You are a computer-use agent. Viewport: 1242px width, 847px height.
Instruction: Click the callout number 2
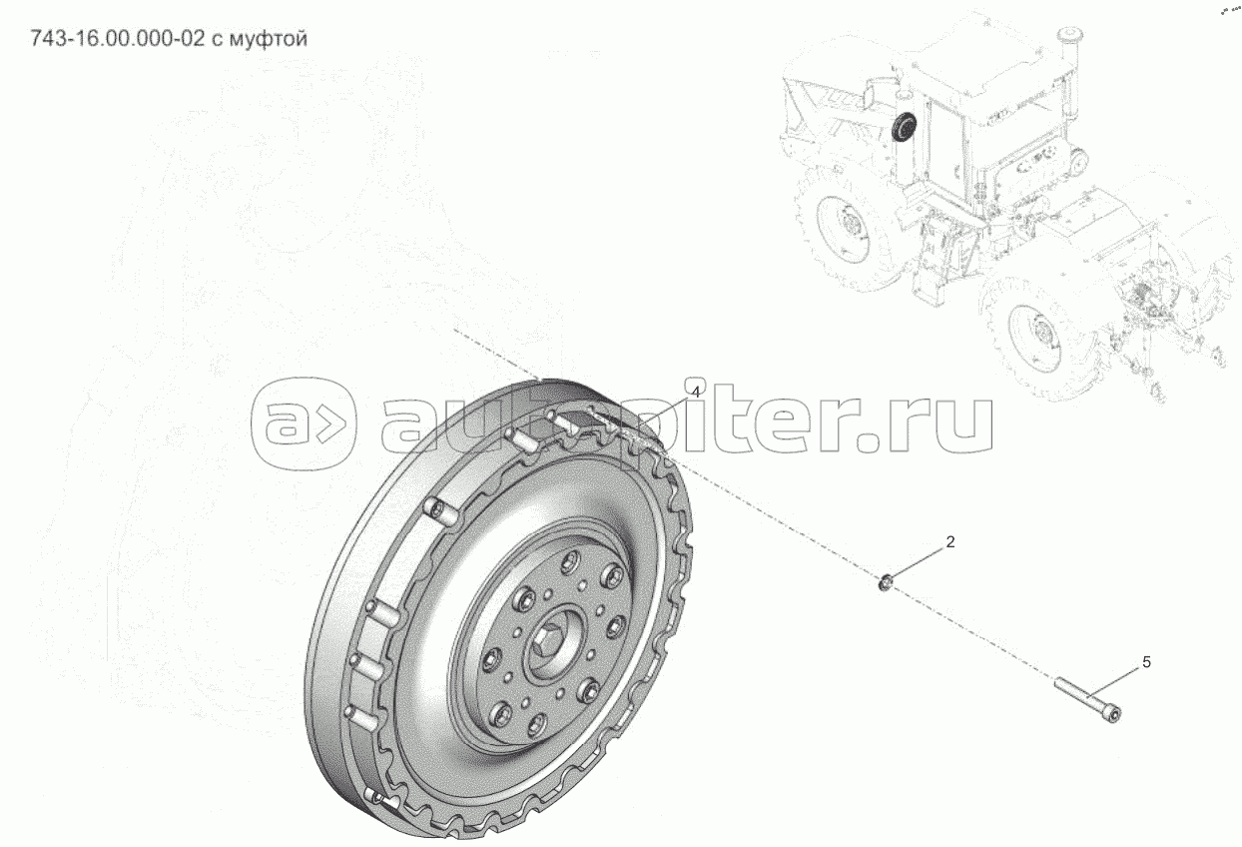coord(950,542)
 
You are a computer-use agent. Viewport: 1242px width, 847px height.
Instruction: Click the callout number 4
coord(695,393)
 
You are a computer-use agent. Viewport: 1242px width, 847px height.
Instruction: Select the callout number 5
coord(1146,662)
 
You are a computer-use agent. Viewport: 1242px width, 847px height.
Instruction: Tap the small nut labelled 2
coord(886,580)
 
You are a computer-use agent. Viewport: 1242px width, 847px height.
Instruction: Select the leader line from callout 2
coord(919,561)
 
